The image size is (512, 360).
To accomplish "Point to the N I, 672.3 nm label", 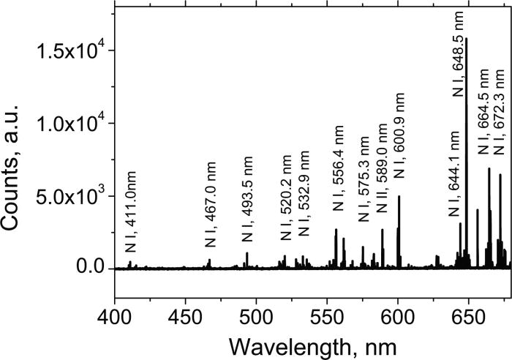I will point(500,100).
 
